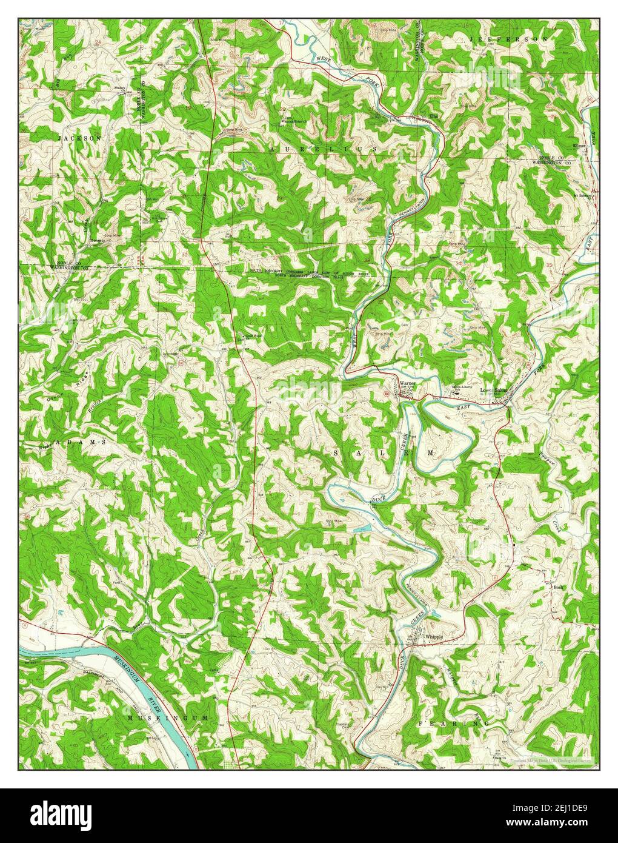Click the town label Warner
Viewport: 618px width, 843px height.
point(407,383)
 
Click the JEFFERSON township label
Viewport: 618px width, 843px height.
point(508,38)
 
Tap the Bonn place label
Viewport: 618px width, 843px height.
point(558,587)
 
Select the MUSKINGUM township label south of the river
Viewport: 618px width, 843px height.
point(168,717)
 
